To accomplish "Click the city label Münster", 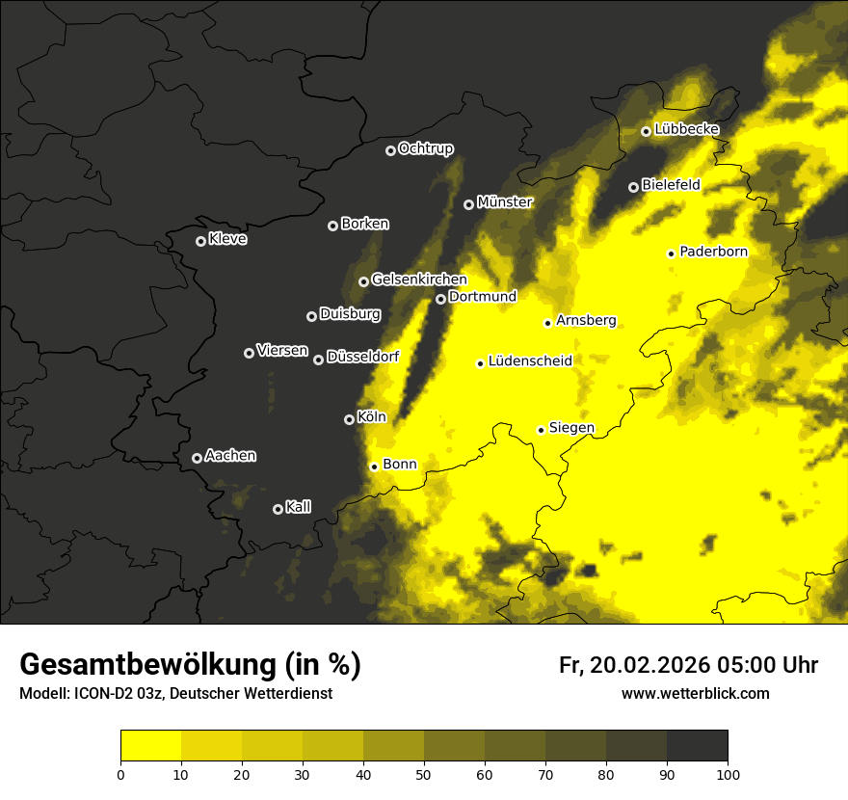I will pyautogui.click(x=504, y=202).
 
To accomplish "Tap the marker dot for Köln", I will pyautogui.click(x=349, y=419).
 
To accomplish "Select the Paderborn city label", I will pyautogui.click(x=713, y=253).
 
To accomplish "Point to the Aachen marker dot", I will pyautogui.click(x=197, y=458).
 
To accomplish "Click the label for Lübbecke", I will pyautogui.click(x=686, y=129).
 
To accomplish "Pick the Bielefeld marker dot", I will pyautogui.click(x=633, y=187).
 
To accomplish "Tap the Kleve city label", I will pyautogui.click(x=227, y=239).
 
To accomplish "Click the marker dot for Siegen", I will pyautogui.click(x=541, y=430).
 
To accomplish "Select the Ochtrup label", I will pyautogui.click(x=425, y=148).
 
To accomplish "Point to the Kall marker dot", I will pyautogui.click(x=278, y=509).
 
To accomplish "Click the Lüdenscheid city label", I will pyautogui.click(x=530, y=361).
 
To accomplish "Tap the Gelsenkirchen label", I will pyautogui.click(x=418, y=280).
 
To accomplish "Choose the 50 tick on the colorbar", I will pyautogui.click(x=424, y=773).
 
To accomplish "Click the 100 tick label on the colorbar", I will pyautogui.click(x=728, y=773).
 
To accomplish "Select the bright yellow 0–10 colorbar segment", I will pyautogui.click(x=150, y=745).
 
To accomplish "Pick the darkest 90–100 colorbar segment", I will pyautogui.click(x=697, y=745).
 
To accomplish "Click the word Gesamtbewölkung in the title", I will pyautogui.click(x=144, y=665).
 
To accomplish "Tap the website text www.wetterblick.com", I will pyautogui.click(x=695, y=693).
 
